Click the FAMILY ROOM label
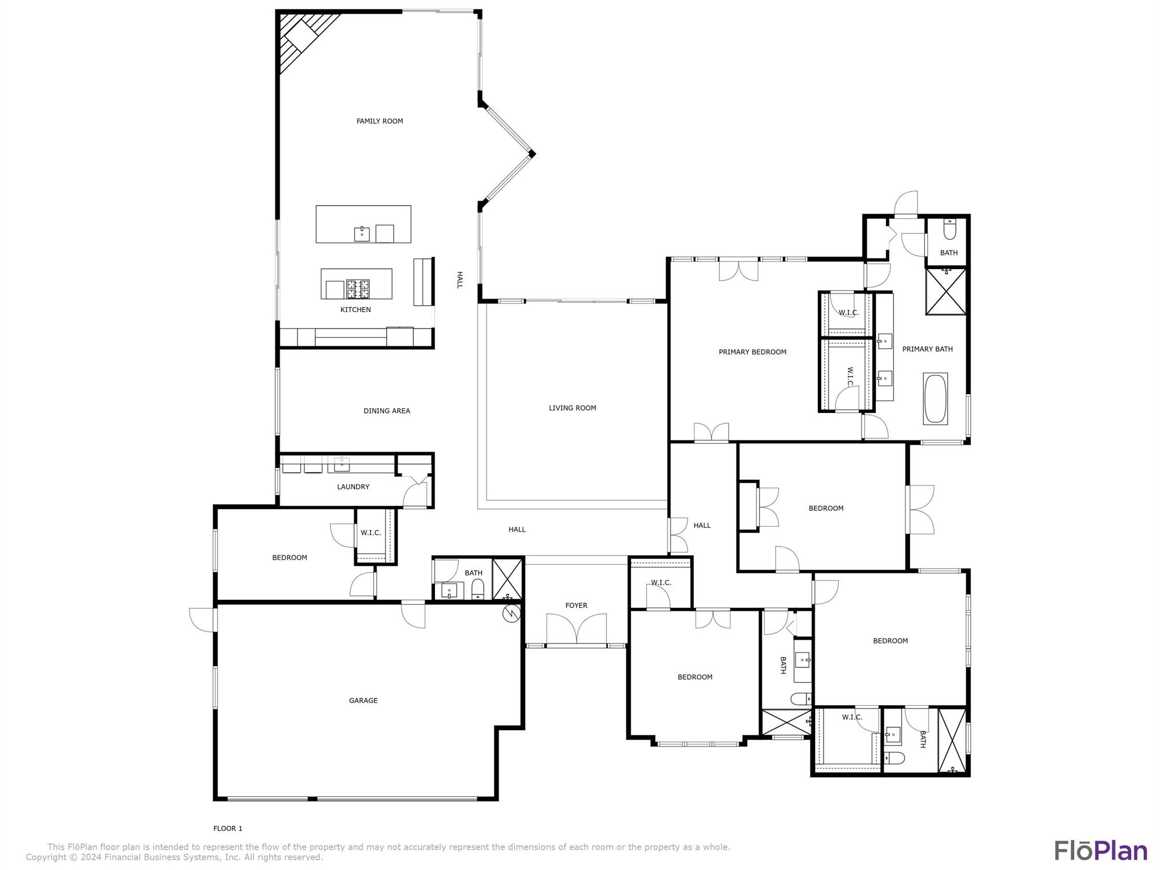tap(379, 121)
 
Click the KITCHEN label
tap(355, 309)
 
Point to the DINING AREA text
tap(386, 411)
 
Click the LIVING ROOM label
tap(572, 408)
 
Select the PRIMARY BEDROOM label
tap(752, 352)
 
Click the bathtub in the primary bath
tap(935, 398)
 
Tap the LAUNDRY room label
tap(353, 487)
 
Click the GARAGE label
tap(363, 701)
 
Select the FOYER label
tap(576, 605)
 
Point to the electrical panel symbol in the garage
tap(511, 613)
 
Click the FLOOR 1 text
tap(228, 828)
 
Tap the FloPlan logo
tap(1101, 851)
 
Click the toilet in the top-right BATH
tap(949, 231)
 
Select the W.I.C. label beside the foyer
tap(660, 582)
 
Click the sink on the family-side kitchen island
tap(362, 233)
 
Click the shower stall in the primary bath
tap(946, 292)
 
